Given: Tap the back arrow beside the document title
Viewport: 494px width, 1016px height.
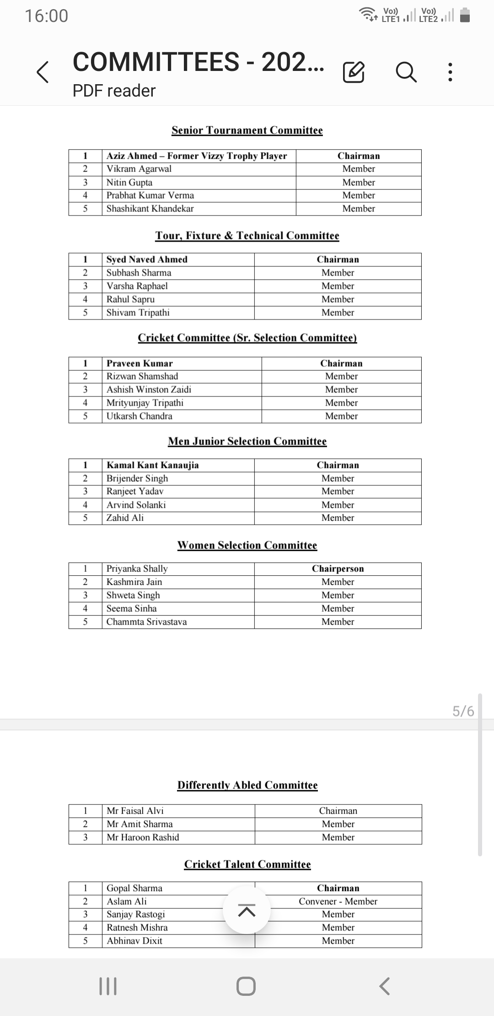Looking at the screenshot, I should tap(43, 72).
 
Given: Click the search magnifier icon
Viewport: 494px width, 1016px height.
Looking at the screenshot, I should tap(406, 72).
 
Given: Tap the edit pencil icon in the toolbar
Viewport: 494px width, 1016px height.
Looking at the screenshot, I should tap(354, 72).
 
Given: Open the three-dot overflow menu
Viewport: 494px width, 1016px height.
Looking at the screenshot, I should tap(451, 72).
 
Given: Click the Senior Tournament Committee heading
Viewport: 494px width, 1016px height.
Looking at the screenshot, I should tap(247, 130).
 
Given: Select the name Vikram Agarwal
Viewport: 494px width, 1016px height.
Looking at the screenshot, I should tap(139, 169).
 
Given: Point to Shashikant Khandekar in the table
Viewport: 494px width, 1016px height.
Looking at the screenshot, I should tap(150, 209).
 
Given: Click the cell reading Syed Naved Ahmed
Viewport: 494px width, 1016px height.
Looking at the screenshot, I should tap(147, 259).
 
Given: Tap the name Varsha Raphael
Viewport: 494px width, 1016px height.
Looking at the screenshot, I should tap(137, 286).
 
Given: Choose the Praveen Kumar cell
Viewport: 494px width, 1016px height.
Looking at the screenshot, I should tap(140, 363).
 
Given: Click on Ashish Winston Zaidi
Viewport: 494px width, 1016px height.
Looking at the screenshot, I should tap(149, 389).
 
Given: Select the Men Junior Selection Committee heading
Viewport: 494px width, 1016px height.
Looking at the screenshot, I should tap(247, 441).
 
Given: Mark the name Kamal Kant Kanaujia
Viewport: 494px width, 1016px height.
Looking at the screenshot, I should tap(152, 465).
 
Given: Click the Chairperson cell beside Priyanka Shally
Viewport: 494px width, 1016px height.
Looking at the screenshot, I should tap(338, 568).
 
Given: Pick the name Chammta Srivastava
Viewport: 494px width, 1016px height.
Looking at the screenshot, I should tap(146, 622).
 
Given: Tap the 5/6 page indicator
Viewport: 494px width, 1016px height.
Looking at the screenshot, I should tap(463, 711).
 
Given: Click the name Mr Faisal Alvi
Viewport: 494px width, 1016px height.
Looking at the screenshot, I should tap(135, 811).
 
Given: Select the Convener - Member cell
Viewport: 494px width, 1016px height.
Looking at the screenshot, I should tap(338, 901).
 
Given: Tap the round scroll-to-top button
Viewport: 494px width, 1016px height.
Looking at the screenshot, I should tap(247, 910).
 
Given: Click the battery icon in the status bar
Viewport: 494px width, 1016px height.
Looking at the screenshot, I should tap(465, 16).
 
